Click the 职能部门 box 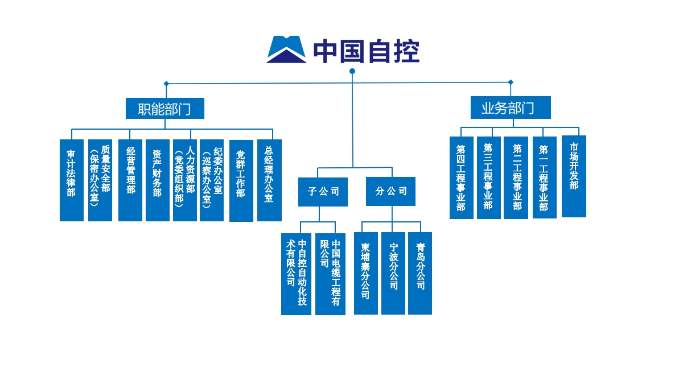164,108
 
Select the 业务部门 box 510,108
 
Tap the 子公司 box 323,192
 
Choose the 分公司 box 390,191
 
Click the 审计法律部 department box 72,180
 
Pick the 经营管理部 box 130,180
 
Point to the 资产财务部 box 158,180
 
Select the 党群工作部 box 241,180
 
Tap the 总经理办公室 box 269,180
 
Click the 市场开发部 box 574,176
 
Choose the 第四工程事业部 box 461,177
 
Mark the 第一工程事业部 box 545,177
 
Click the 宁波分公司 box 393,273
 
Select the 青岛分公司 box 420,273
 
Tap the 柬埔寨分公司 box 366,273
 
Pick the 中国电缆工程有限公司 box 330,274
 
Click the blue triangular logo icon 286,49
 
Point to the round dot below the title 352,71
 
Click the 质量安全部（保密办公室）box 100,180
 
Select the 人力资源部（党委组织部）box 185,180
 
